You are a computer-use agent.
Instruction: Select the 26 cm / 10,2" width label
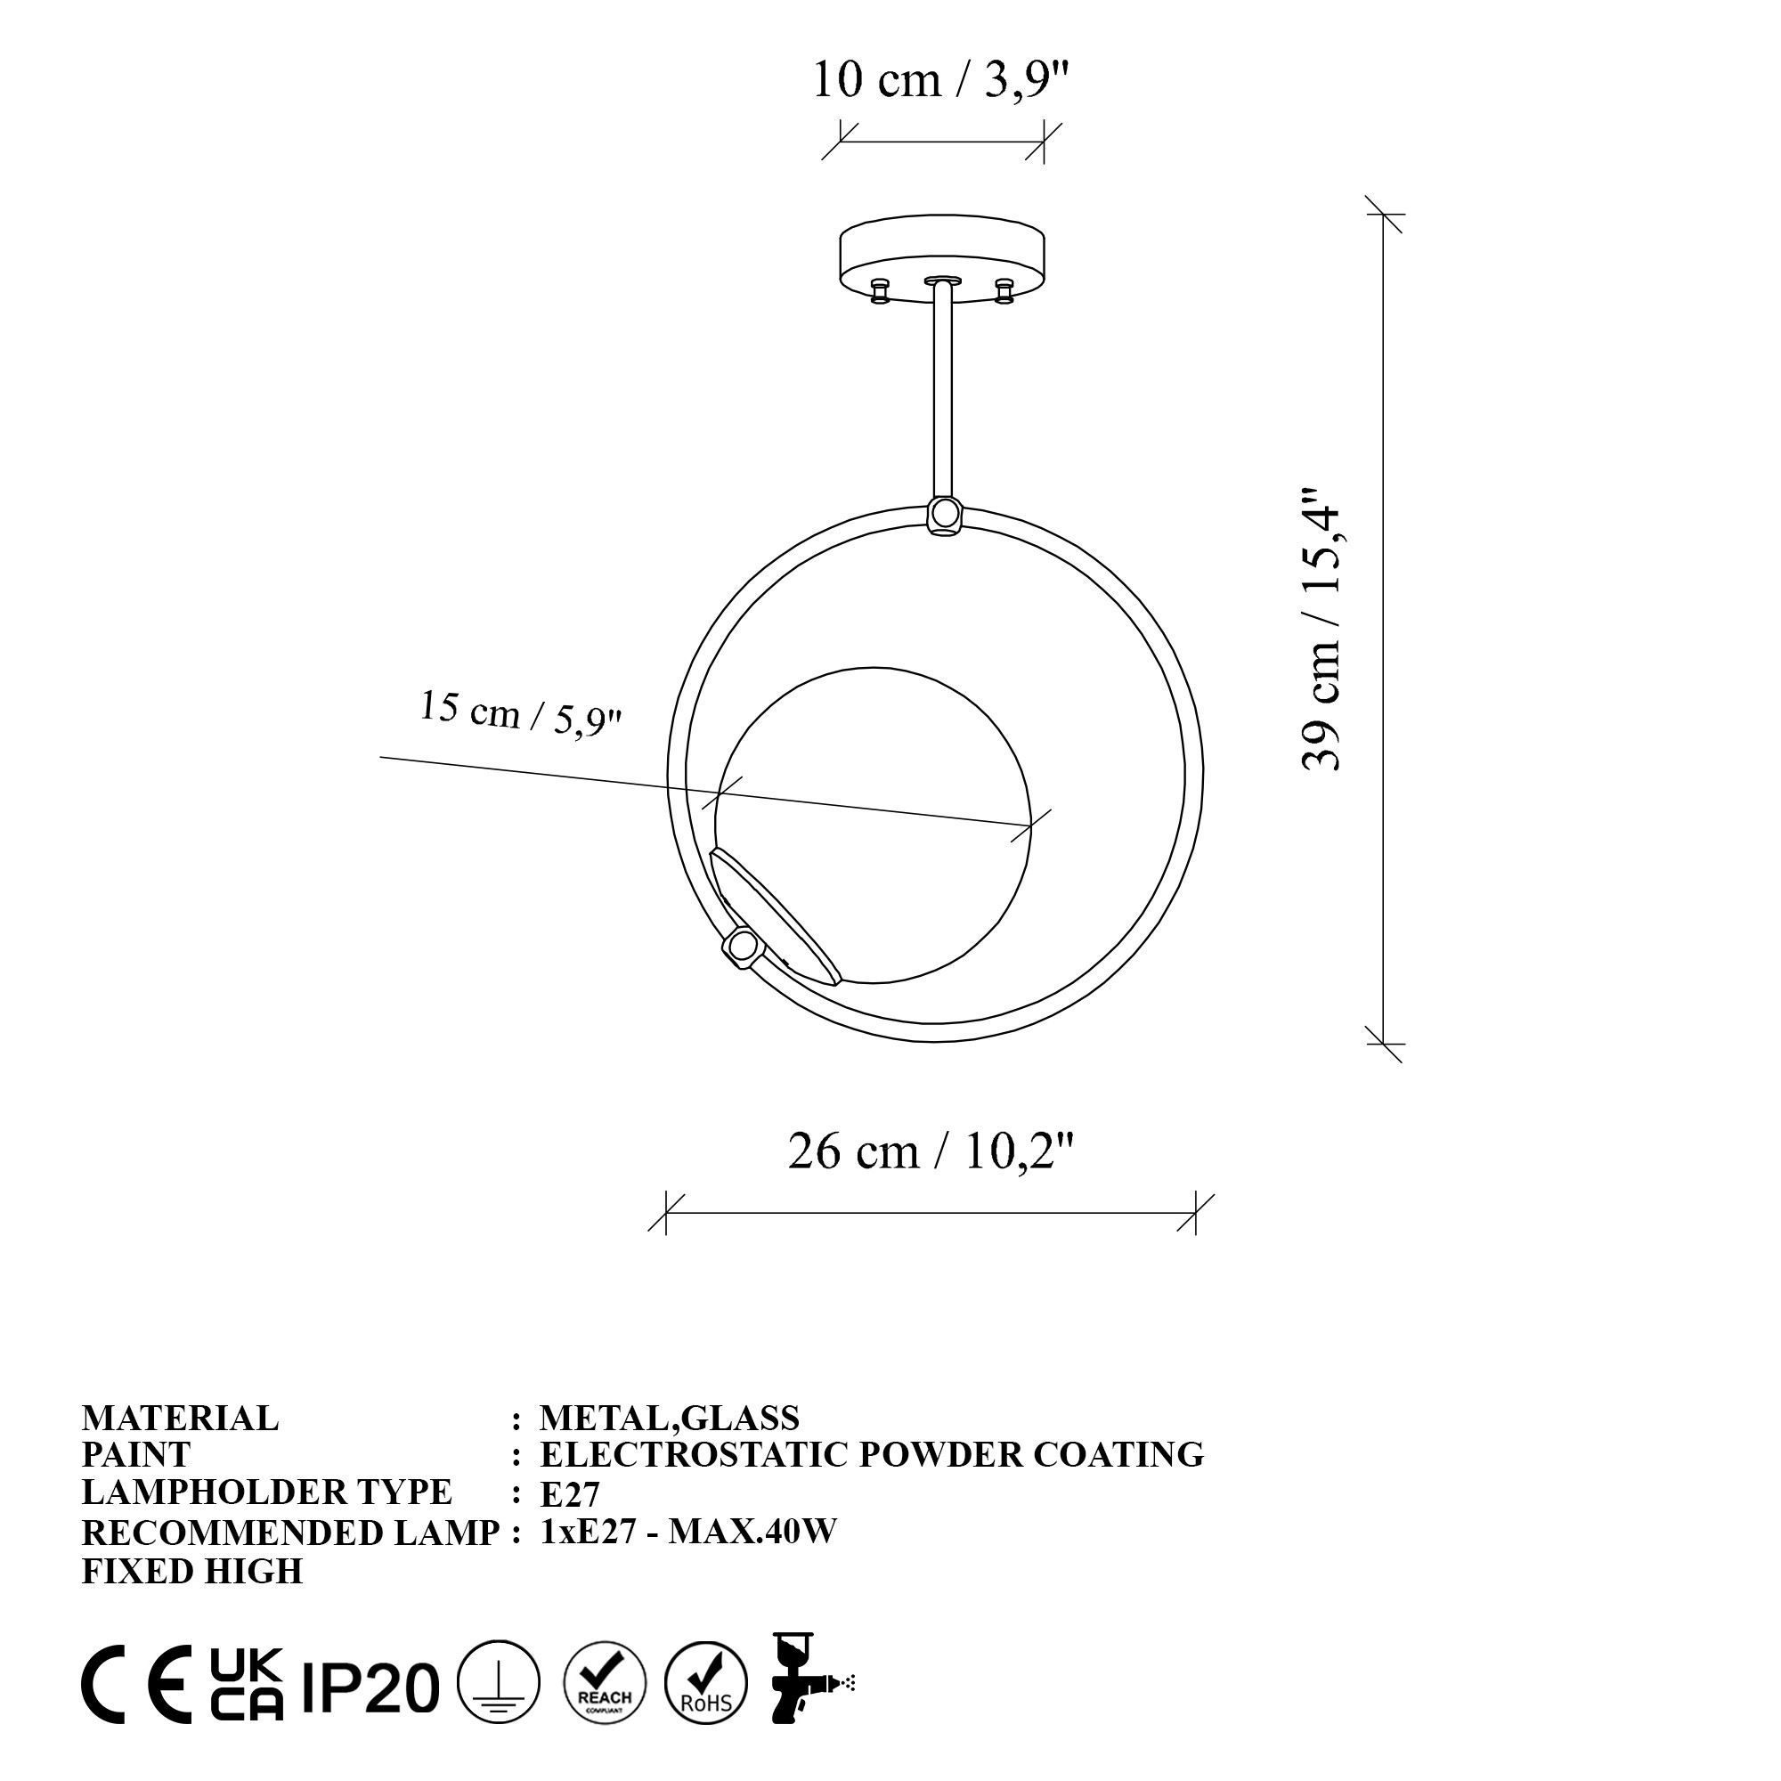931,1151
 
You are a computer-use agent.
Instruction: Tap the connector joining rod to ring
944,513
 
